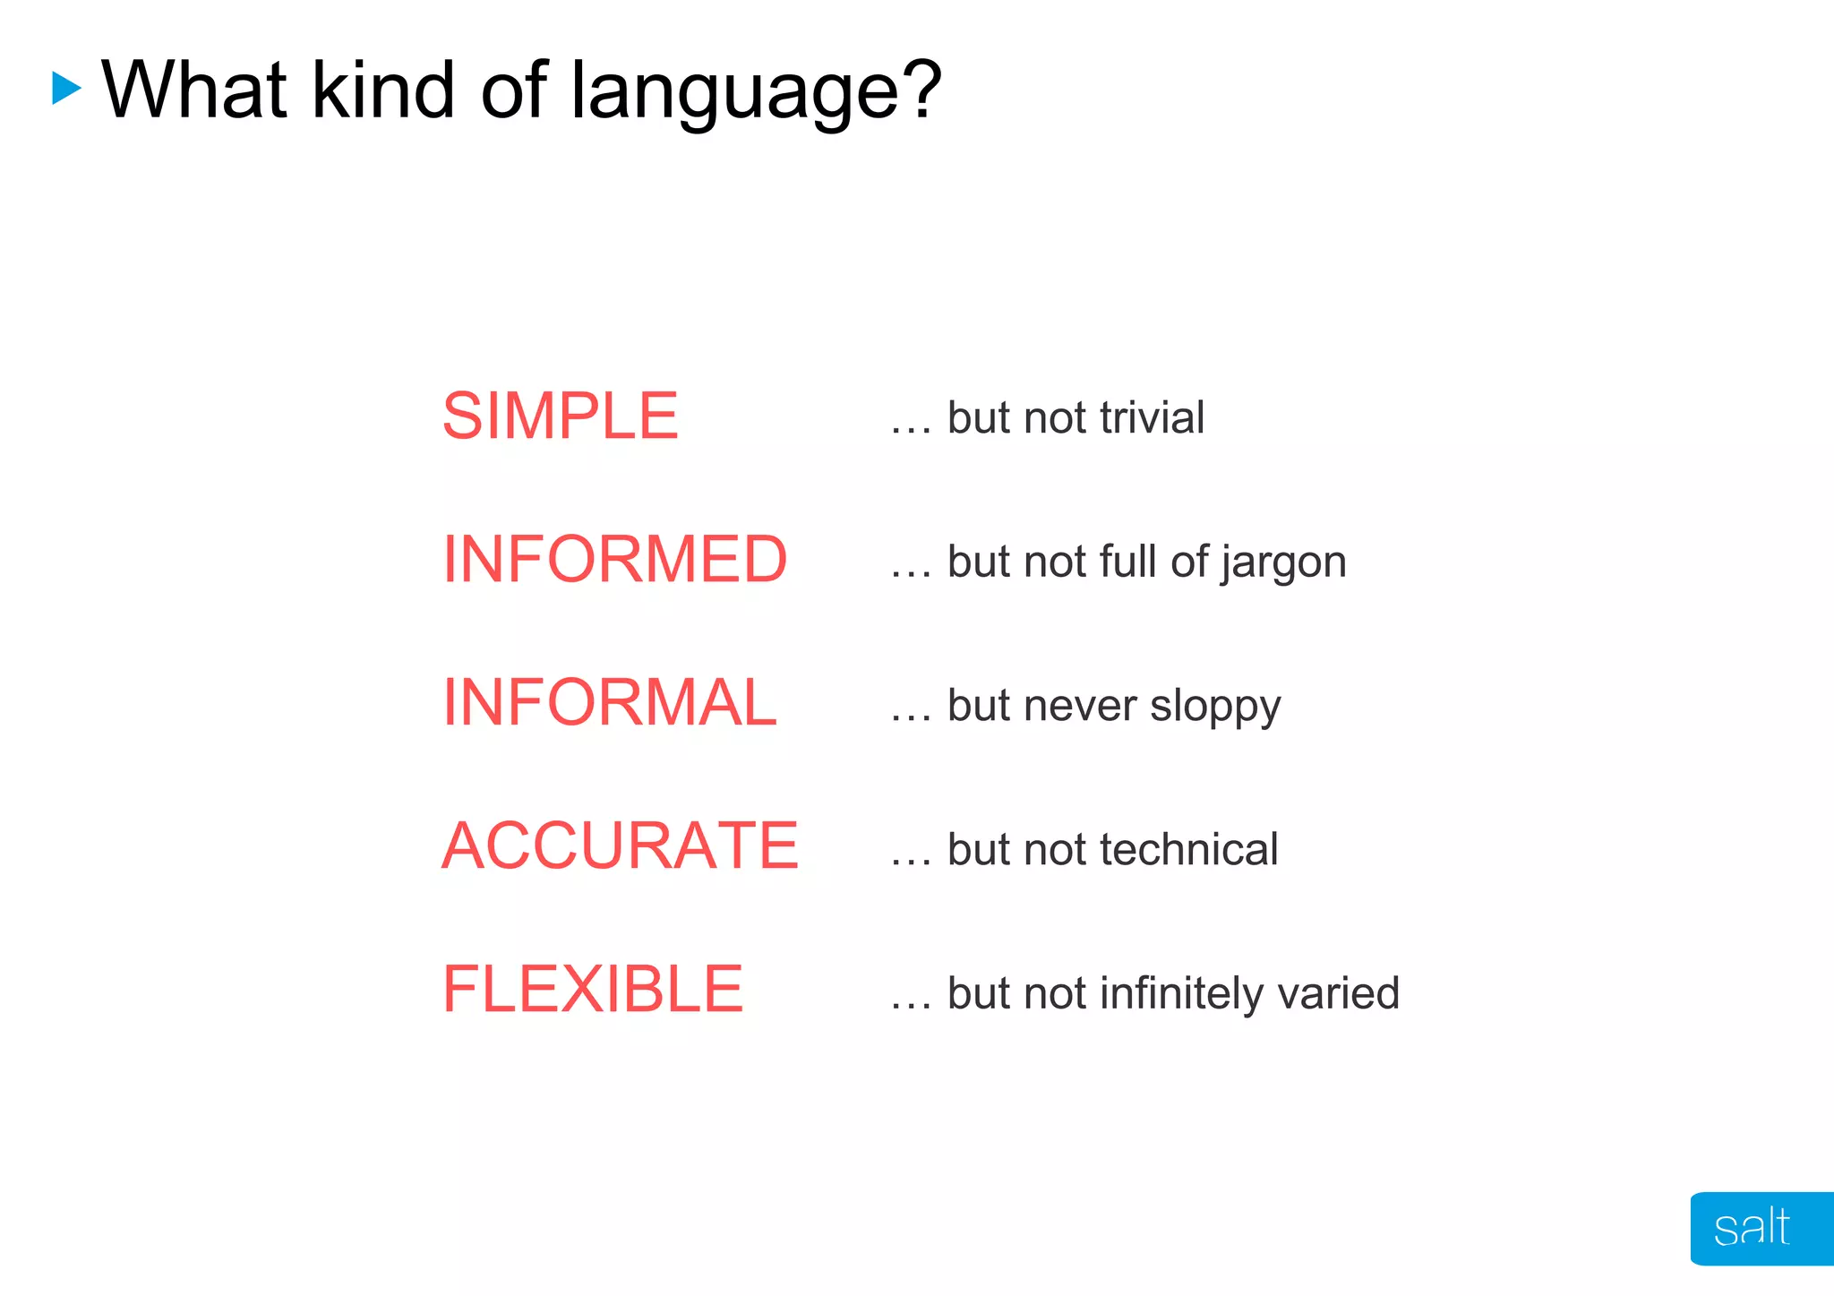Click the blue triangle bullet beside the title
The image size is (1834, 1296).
coord(66,89)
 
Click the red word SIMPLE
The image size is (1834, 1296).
coord(561,416)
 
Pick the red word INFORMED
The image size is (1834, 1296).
coord(614,560)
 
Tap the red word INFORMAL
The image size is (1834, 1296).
coord(610,703)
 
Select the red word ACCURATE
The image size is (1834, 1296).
coord(620,846)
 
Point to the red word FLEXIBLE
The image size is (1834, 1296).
coord(593,990)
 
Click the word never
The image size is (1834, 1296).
coord(1080,706)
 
